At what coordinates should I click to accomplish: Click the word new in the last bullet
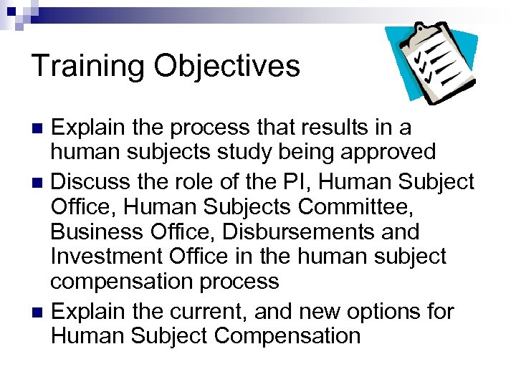click(x=326, y=312)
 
